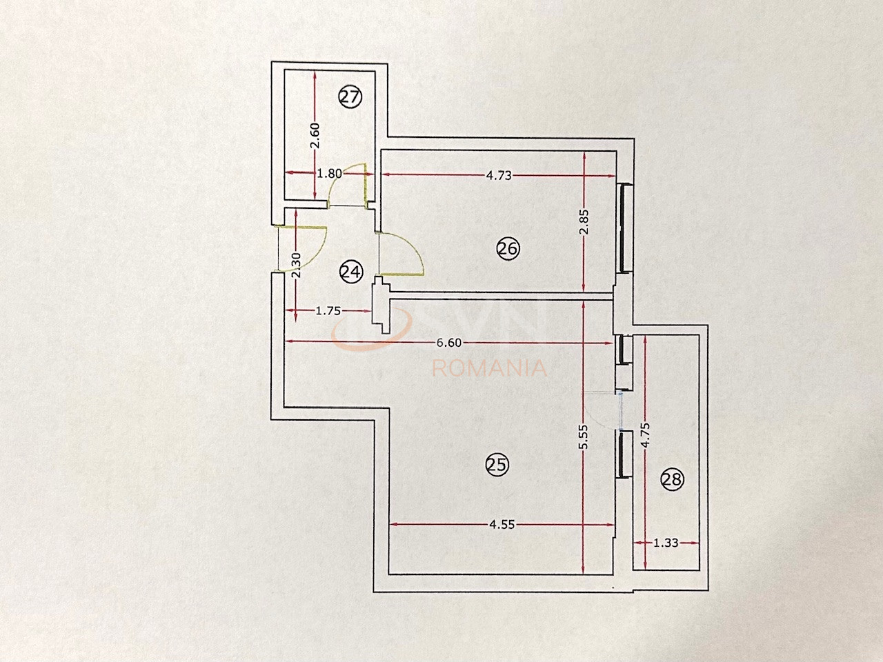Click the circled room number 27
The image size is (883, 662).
click(x=350, y=97)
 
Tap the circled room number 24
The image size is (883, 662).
click(x=350, y=272)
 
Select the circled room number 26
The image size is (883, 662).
click(x=508, y=249)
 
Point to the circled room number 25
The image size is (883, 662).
click(x=497, y=465)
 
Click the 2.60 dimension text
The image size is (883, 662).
click(x=315, y=135)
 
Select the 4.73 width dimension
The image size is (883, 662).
click(x=498, y=175)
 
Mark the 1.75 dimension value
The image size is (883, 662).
click(x=328, y=311)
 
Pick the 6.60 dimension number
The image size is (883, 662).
click(x=449, y=342)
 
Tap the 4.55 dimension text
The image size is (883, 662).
click(x=501, y=524)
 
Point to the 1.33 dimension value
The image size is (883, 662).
click(x=666, y=543)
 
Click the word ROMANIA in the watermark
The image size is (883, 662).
click(x=489, y=368)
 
